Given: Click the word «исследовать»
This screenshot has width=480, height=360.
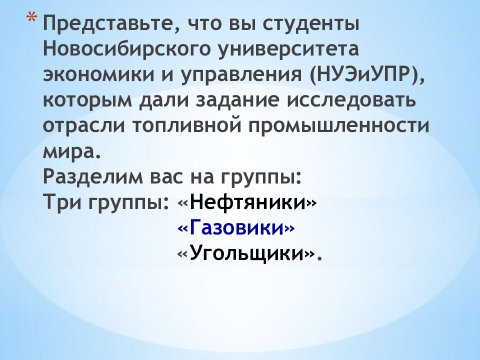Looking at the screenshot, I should [358, 100].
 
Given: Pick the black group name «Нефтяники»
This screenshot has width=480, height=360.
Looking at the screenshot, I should [247, 202].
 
